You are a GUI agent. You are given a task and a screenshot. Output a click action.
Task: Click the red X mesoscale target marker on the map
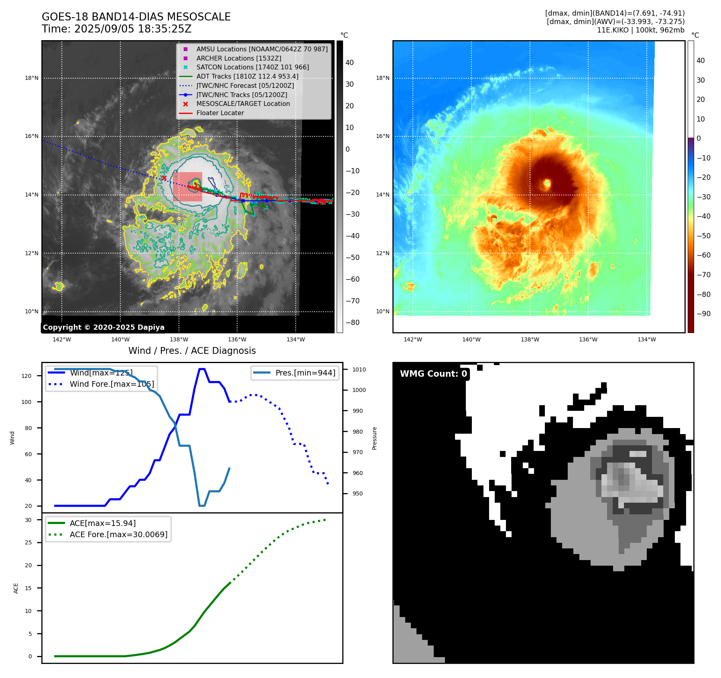(164, 178)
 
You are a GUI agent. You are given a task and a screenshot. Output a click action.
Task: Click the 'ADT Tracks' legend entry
(247, 76)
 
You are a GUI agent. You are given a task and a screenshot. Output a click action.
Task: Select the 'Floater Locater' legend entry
(220, 113)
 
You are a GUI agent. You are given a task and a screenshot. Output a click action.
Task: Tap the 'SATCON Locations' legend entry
(252, 67)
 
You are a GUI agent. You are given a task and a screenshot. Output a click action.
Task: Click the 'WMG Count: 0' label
(433, 374)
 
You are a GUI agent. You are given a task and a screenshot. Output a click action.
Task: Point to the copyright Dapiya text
(104, 327)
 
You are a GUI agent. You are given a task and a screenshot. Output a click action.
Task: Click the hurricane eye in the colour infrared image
(546, 184)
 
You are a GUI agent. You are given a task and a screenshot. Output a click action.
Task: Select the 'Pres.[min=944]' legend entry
(305, 373)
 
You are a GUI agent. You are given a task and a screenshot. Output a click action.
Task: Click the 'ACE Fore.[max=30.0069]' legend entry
(118, 534)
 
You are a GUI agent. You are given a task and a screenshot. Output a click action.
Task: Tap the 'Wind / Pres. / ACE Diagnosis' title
(192, 351)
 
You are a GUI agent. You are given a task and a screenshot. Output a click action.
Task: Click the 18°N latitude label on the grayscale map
(32, 78)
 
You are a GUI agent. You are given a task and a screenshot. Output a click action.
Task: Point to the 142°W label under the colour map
(412, 339)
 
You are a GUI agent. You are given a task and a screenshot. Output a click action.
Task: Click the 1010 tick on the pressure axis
(359, 369)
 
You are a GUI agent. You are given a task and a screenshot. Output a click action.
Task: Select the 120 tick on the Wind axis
(26, 376)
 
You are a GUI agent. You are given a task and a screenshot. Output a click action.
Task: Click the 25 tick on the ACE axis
(28, 542)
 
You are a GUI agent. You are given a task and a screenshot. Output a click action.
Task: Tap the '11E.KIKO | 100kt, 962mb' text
(640, 30)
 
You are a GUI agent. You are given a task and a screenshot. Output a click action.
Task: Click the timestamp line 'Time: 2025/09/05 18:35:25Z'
(117, 29)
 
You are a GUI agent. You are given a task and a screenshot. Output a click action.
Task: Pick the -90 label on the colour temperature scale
(703, 314)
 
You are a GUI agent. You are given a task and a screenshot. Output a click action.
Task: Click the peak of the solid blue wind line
(202, 369)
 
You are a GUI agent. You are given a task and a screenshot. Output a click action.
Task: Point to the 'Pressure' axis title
(374, 438)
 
